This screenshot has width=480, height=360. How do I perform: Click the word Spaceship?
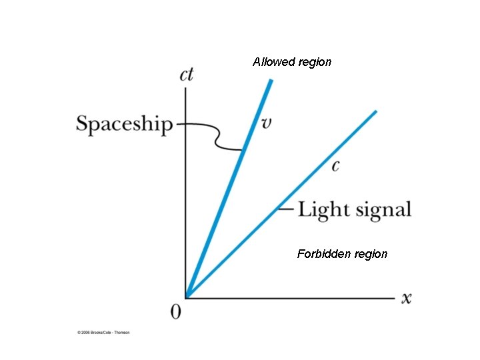[124, 125]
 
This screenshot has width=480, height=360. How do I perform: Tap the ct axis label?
[187, 74]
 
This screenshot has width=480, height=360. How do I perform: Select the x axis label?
[406, 298]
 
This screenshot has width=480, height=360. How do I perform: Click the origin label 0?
[175, 312]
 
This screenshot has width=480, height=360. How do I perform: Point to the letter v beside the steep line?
[265, 123]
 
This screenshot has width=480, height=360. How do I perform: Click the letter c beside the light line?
[335, 165]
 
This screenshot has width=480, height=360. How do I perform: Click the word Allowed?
[274, 62]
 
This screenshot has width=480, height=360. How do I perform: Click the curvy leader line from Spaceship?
[215, 137]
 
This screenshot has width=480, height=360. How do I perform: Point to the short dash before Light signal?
[285, 209]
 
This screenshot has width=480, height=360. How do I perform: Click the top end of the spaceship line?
[271, 81]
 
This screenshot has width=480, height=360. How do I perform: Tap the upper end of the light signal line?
[375, 112]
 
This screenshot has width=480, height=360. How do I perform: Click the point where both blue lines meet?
[187, 297]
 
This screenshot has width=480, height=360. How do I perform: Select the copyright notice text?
[103, 332]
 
